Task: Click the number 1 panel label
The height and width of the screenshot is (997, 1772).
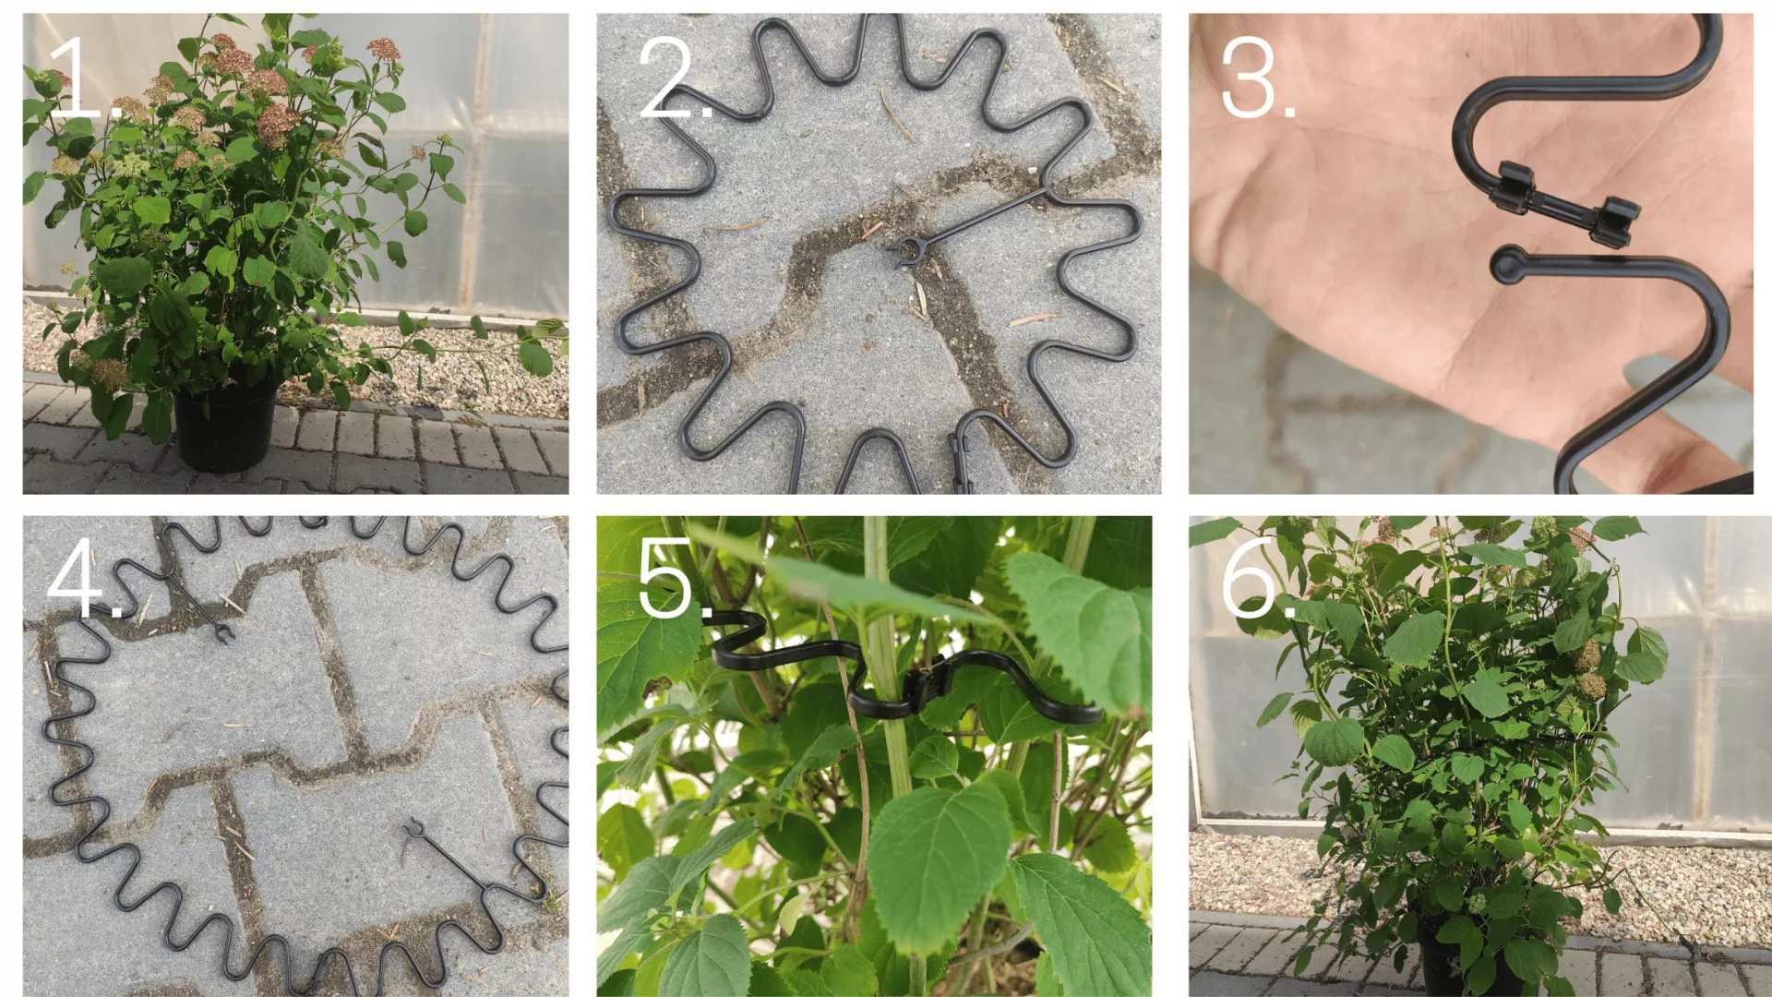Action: click(83, 78)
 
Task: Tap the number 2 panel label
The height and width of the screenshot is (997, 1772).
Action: click(676, 78)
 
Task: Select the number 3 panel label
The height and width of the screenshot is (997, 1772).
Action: click(1257, 78)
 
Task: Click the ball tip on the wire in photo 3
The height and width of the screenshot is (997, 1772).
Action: click(1506, 265)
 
